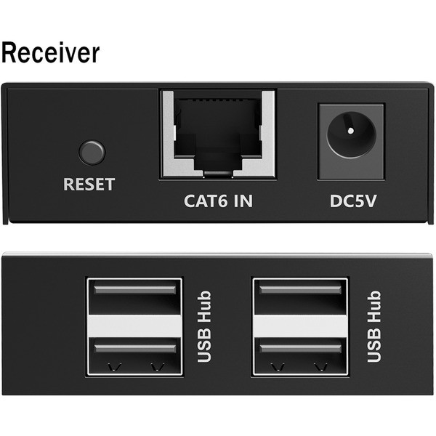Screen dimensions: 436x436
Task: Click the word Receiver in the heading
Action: (x=50, y=53)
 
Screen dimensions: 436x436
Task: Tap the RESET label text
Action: (x=89, y=184)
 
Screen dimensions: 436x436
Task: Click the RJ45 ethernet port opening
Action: (x=217, y=134)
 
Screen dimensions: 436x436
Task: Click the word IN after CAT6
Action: (x=243, y=201)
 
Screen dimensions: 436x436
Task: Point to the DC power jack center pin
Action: (x=351, y=130)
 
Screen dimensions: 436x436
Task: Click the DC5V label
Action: (x=353, y=201)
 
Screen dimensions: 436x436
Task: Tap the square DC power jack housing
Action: (x=351, y=142)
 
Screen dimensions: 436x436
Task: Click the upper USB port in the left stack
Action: (x=135, y=296)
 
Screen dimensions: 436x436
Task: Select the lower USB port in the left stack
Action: (x=135, y=356)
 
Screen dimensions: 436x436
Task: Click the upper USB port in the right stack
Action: (x=300, y=296)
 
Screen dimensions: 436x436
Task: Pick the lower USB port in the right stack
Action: (x=300, y=356)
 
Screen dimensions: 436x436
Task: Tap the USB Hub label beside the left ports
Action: (x=204, y=327)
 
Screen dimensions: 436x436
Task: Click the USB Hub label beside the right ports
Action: (x=374, y=327)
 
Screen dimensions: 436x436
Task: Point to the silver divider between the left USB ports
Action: (x=135, y=326)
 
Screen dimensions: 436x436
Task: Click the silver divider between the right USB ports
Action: (x=300, y=326)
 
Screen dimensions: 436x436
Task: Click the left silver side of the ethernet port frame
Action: (x=169, y=134)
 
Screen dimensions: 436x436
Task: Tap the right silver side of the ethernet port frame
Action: (x=267, y=134)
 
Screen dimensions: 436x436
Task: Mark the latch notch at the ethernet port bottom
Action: (x=218, y=174)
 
